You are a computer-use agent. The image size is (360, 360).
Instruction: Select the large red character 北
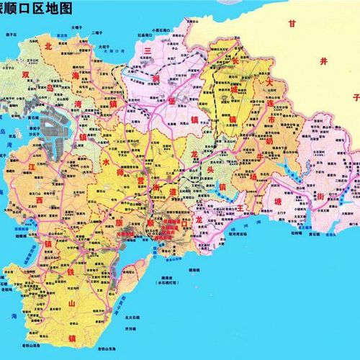(x=48, y=46)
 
